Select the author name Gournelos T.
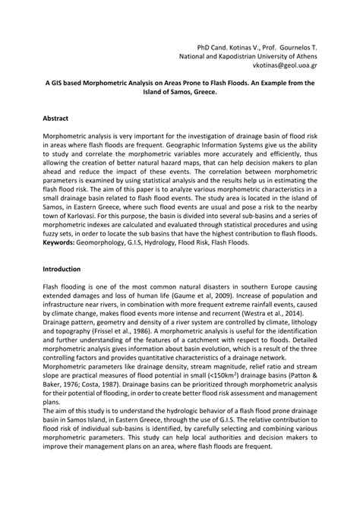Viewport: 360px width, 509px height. pyautogui.click(x=291, y=46)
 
